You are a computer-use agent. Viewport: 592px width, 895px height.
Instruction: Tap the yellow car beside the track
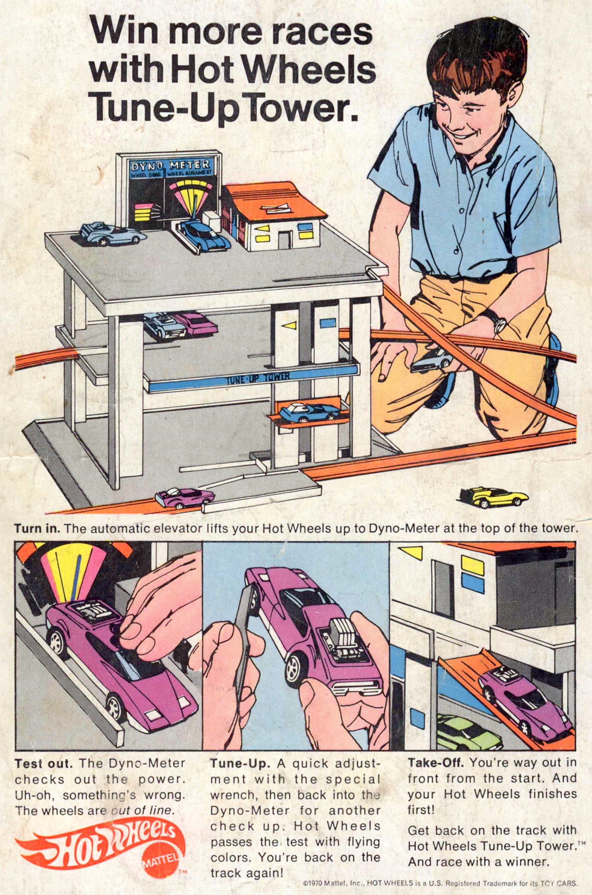(494, 497)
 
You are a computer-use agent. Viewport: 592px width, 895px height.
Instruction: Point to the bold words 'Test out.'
(44, 764)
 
